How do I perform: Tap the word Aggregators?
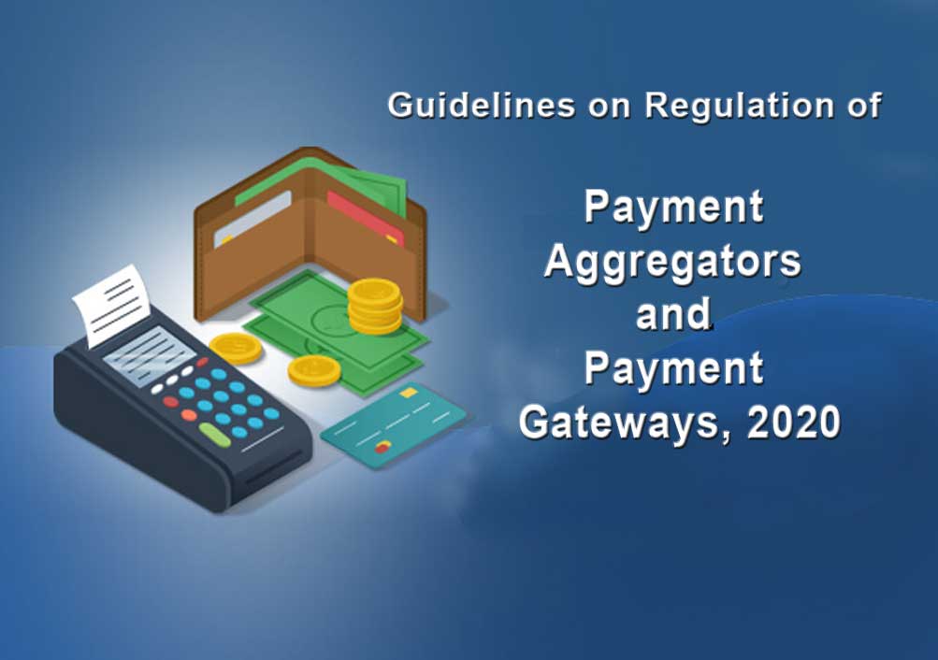[x=672, y=261]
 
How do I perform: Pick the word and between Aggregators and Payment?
[x=673, y=314]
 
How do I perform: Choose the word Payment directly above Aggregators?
[x=673, y=208]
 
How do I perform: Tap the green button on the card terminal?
[x=214, y=434]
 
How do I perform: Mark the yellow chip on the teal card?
[x=409, y=394]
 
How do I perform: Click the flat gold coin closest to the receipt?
[x=236, y=348]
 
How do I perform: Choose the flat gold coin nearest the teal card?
[x=314, y=371]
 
